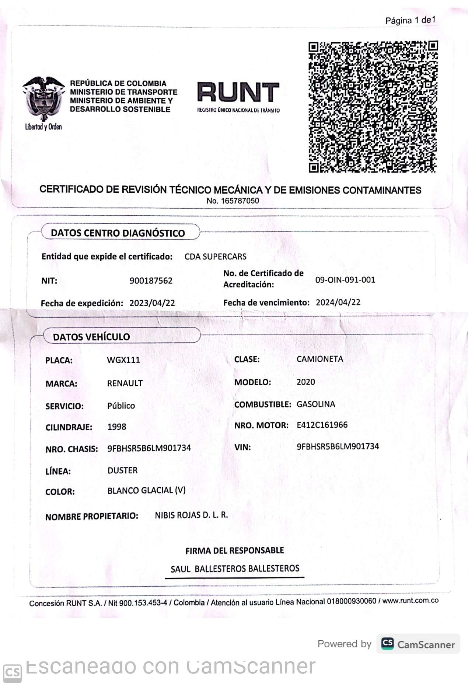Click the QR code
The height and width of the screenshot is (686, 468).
pyautogui.click(x=373, y=107)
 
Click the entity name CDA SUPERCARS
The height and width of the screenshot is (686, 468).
pyautogui.click(x=216, y=257)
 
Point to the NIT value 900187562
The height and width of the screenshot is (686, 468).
pyautogui.click(x=151, y=281)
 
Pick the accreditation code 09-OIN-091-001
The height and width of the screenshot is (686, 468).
pyautogui.click(x=345, y=280)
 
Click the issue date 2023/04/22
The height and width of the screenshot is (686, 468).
pyautogui.click(x=152, y=303)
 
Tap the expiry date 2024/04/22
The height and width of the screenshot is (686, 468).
pyautogui.click(x=338, y=303)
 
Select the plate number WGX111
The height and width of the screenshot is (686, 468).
pyautogui.click(x=123, y=360)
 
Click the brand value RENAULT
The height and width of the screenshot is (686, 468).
pyautogui.click(x=125, y=383)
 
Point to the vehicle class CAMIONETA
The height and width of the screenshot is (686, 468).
pyautogui.click(x=319, y=359)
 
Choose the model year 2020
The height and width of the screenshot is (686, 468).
pyautogui.click(x=305, y=382)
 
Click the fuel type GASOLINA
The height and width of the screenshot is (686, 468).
pyautogui.click(x=316, y=404)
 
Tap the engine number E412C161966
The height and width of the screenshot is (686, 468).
pyautogui.click(x=322, y=425)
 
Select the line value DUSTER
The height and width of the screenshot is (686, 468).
pyautogui.click(x=122, y=470)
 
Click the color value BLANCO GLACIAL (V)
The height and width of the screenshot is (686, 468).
pyautogui.click(x=146, y=491)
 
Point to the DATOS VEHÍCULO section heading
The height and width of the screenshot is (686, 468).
pyautogui.click(x=91, y=337)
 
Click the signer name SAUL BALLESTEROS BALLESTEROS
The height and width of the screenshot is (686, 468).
pyautogui.click(x=235, y=569)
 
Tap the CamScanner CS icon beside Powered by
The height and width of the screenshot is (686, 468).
pyautogui.click(x=387, y=644)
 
